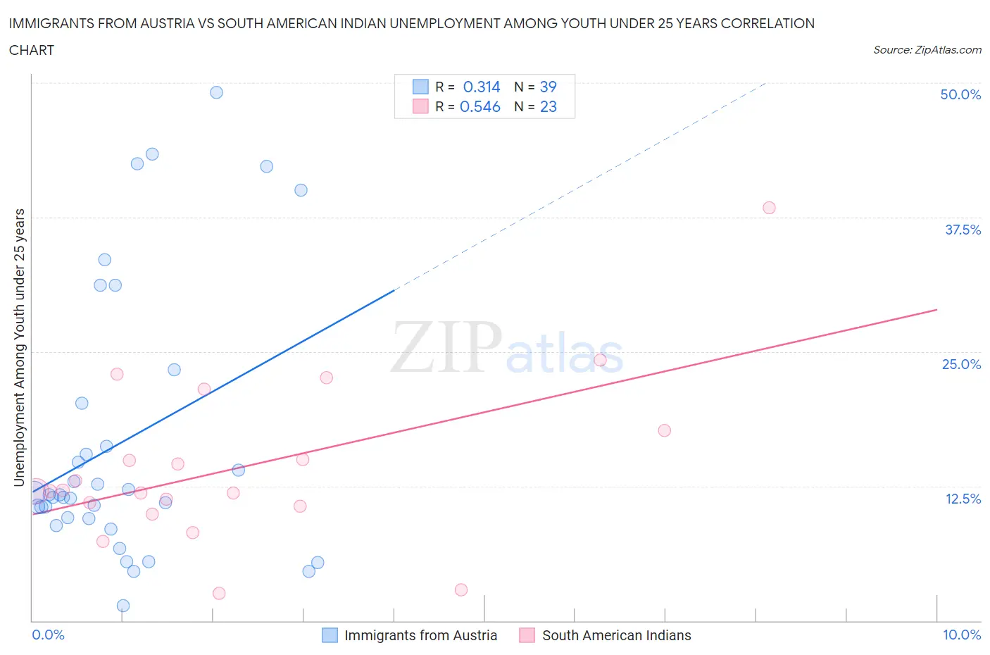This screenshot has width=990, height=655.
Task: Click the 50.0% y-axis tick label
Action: (x=960, y=94)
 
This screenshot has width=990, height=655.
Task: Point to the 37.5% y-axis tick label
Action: (x=963, y=230)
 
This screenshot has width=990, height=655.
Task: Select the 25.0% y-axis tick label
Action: (x=961, y=364)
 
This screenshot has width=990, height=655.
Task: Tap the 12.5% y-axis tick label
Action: (x=963, y=499)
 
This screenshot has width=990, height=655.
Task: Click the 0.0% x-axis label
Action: (x=48, y=635)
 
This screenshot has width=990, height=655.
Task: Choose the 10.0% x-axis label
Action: (x=962, y=635)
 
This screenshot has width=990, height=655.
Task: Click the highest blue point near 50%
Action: (x=217, y=92)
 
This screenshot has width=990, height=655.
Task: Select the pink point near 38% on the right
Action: (x=769, y=208)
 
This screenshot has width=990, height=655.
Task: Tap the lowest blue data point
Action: (x=123, y=606)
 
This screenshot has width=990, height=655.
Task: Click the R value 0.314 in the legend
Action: (x=482, y=87)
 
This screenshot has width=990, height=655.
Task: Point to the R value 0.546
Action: (x=480, y=106)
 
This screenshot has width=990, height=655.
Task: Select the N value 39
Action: (x=548, y=87)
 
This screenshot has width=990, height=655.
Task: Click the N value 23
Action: (x=548, y=106)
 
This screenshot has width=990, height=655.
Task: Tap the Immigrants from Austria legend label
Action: (x=420, y=635)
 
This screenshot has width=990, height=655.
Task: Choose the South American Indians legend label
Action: (x=616, y=635)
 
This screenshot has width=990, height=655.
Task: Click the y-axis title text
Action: (x=20, y=347)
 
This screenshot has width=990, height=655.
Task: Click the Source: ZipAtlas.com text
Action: (x=927, y=50)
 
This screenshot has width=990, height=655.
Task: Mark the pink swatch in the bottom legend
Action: (x=527, y=635)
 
